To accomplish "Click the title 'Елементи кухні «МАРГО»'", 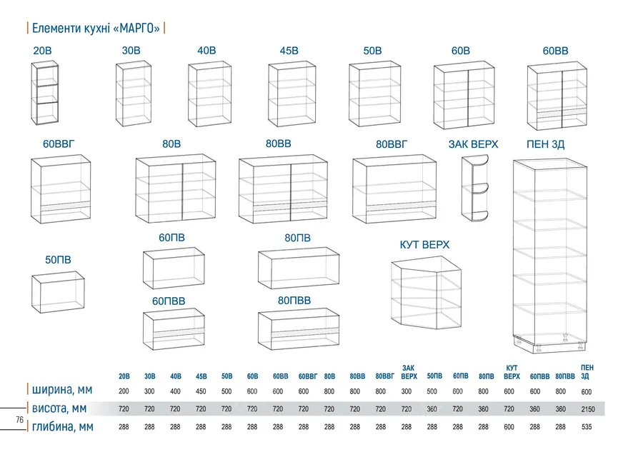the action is coord(96,28).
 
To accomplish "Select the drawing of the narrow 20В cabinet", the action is coord(45,93).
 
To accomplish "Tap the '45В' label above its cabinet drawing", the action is coord(289,51).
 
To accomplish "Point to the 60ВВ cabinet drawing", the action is coord(557,96).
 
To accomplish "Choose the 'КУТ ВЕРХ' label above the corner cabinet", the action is coord(424,245).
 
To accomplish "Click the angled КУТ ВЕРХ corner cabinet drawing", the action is coord(426,293).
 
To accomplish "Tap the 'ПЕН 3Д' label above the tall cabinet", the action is coord(545,144).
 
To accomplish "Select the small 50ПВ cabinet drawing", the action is coord(59,292).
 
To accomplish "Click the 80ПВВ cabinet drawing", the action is coord(299,328).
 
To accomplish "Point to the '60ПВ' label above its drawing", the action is coord(171,238).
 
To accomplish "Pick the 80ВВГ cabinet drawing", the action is coord(394,189).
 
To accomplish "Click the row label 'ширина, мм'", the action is coord(62,390).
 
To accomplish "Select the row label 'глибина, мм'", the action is coord(63,427).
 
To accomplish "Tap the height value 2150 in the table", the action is coord(588,409).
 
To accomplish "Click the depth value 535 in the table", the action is coord(587,427).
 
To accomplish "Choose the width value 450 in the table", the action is coord(201,391).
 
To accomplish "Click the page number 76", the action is coord(20,420).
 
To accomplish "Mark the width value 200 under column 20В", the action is coord(124,391).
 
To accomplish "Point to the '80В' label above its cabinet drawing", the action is coord(171,144).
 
